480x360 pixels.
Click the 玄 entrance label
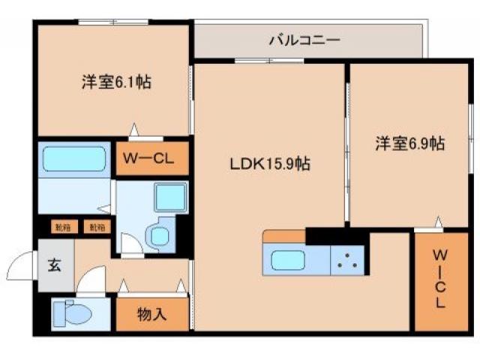[x=55, y=264]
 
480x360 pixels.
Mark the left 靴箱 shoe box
[x=61, y=226]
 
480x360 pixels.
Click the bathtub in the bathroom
[x=73, y=159]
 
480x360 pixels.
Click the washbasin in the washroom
[x=160, y=236]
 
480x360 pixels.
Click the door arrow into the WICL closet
[x=437, y=223]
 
